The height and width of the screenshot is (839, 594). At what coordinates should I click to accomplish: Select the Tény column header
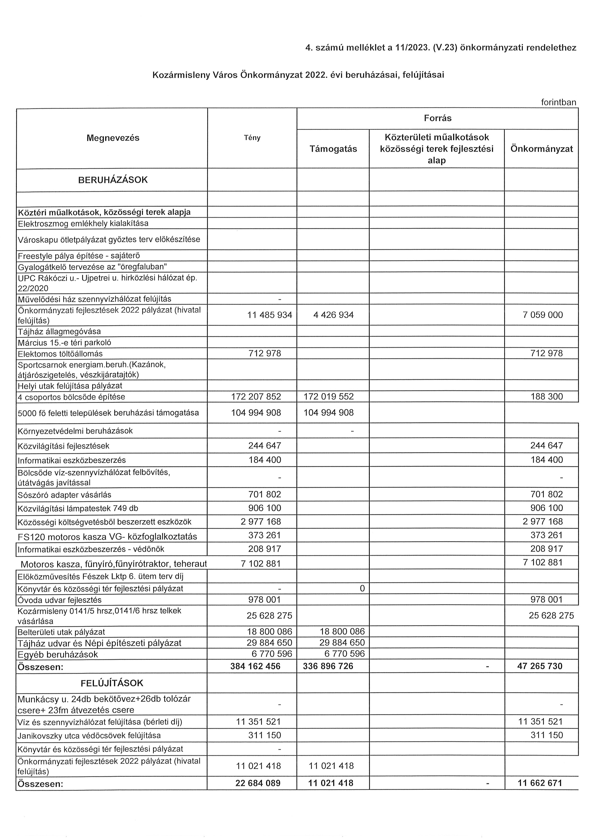pos(252,138)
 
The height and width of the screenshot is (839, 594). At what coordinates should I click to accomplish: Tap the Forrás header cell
pos(437,118)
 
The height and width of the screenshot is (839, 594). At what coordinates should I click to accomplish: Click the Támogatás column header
pos(333,149)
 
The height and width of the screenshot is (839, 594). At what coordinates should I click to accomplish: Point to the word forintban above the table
pos(558,102)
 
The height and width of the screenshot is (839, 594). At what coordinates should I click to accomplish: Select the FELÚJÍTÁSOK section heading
pos(112,683)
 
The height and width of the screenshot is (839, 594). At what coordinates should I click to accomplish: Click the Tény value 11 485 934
pos(269,315)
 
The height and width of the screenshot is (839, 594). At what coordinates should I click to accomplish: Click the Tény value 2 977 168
pos(260,522)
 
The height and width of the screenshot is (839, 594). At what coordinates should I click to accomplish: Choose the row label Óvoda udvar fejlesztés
pos(60,600)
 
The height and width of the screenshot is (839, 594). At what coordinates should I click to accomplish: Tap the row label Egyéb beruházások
pos(57,655)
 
